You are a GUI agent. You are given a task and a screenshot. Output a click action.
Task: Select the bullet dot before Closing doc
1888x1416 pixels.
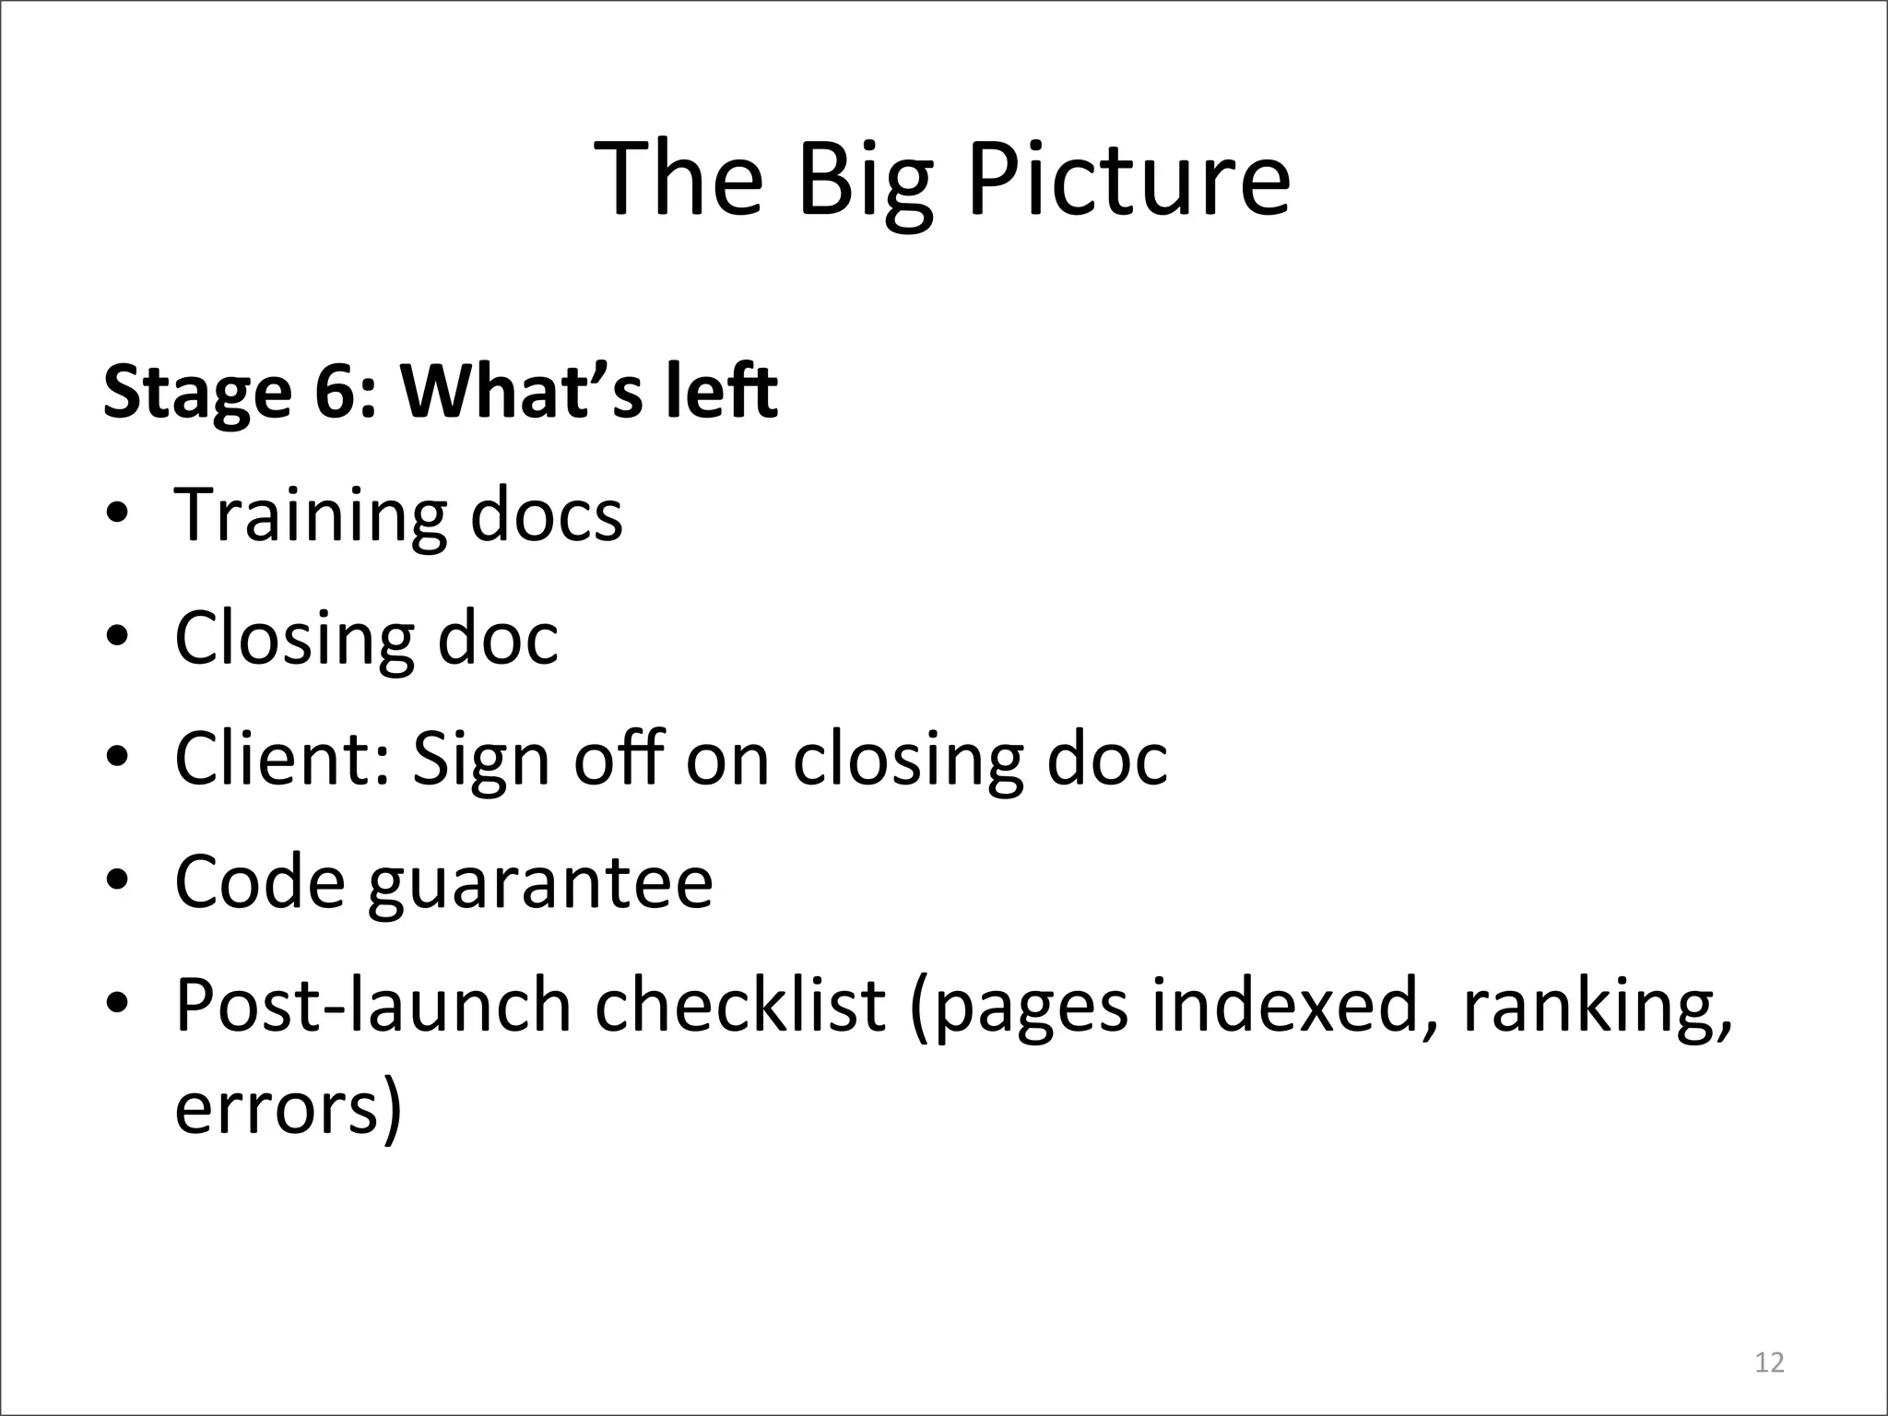point(116,638)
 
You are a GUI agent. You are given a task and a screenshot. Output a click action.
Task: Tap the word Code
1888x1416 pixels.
point(260,882)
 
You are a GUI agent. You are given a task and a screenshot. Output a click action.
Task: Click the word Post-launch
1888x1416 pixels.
point(373,1005)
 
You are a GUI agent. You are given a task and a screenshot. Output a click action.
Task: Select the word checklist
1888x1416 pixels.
point(740,1005)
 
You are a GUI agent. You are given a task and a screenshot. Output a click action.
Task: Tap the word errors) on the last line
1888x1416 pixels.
point(289,1109)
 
